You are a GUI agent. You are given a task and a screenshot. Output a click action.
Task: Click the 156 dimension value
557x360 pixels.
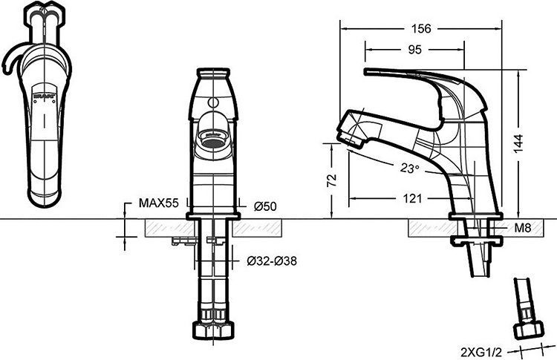tap(421, 29)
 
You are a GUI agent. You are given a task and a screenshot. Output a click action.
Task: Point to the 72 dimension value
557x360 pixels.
tap(332, 180)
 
